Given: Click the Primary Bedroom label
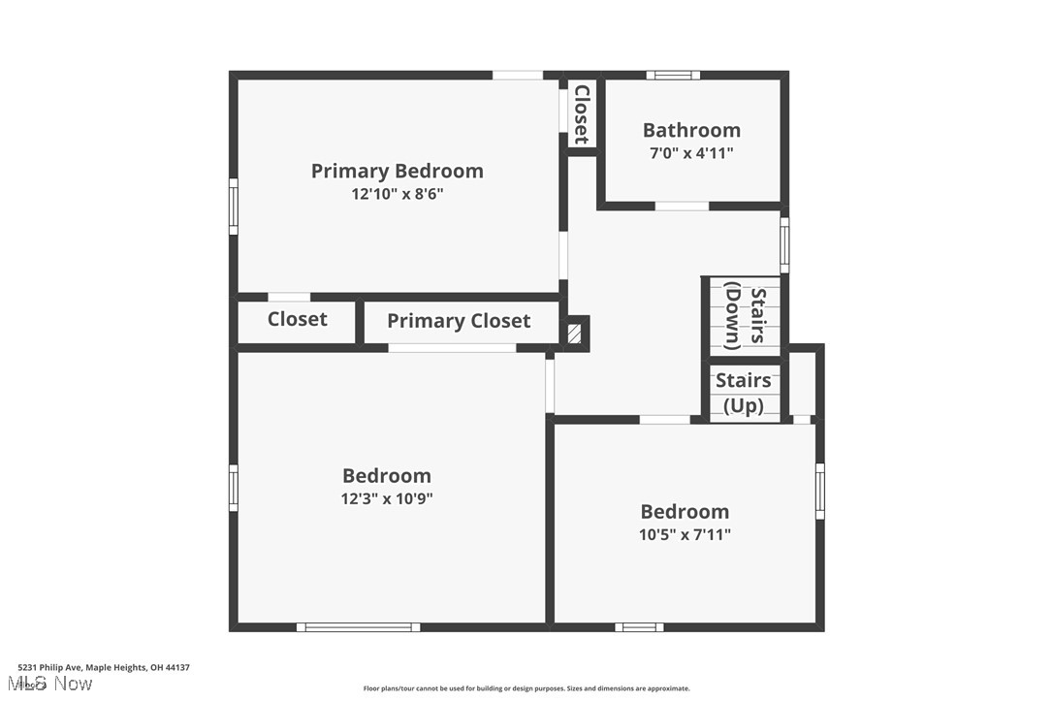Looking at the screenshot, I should point(397,172).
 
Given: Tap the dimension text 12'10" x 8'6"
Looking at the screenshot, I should point(397,194).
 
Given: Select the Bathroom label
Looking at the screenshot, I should point(691,130).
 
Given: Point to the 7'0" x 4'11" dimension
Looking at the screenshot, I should point(691,152).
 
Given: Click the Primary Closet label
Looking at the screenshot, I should point(459,321).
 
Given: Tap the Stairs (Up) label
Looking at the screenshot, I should point(744,393).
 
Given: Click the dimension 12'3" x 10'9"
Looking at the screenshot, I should point(387,498).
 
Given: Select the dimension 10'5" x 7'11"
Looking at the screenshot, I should point(685,534).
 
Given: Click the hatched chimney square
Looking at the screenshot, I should point(576,334).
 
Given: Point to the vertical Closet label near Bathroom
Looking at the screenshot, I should point(582,113).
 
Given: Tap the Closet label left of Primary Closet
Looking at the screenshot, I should point(297,319).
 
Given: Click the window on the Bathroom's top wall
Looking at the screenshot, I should point(673,75).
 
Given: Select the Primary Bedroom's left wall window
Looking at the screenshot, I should point(233,206).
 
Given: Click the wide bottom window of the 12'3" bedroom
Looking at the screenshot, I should point(358,627).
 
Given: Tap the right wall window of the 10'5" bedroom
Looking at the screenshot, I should point(820,490).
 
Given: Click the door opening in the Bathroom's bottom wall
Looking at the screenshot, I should point(682,206).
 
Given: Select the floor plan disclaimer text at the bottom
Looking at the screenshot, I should point(526,688).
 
